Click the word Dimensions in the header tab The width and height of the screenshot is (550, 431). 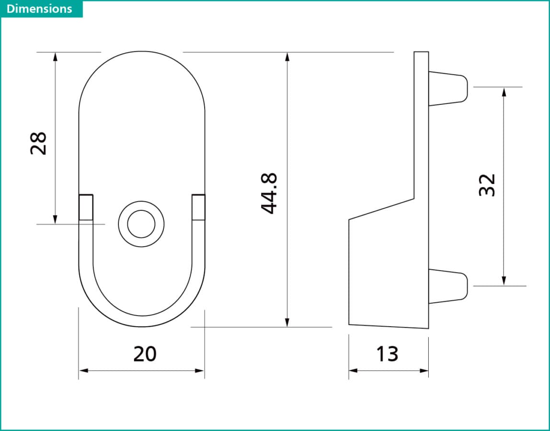(x=39, y=9)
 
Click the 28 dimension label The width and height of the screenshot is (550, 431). (x=38, y=143)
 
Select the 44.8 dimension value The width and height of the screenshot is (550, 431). (x=269, y=193)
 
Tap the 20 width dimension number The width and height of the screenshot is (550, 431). (x=145, y=354)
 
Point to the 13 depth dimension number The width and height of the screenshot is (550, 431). (x=387, y=354)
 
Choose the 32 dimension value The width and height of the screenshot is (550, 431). (x=487, y=185)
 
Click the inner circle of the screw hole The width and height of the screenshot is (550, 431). (x=141, y=224)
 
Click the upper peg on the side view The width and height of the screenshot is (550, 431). (x=448, y=89)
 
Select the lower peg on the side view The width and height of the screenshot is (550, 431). (x=448, y=286)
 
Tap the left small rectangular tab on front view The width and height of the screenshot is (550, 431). (x=86, y=207)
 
